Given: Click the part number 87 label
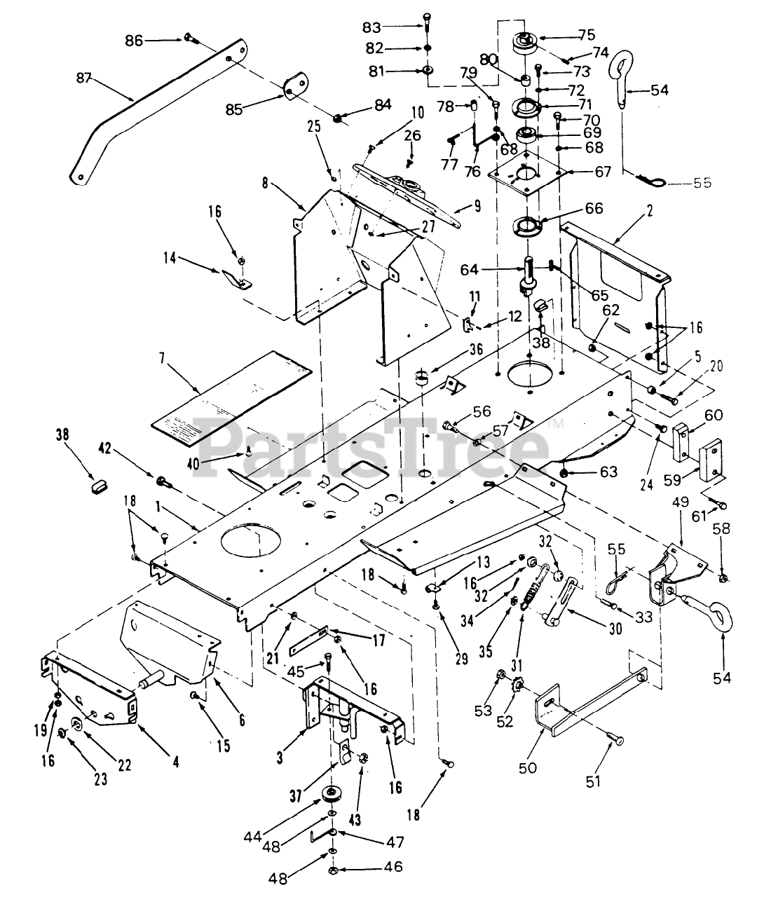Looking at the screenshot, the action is coord(84,78).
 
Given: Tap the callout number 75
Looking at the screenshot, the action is coord(587,35).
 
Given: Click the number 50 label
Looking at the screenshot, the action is coord(528,767).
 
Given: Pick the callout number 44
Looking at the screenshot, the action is coord(252,837).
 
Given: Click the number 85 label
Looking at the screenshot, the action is coord(235,110).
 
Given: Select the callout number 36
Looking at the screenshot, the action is coord(476,349).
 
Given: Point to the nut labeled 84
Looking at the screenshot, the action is coord(338,118).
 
